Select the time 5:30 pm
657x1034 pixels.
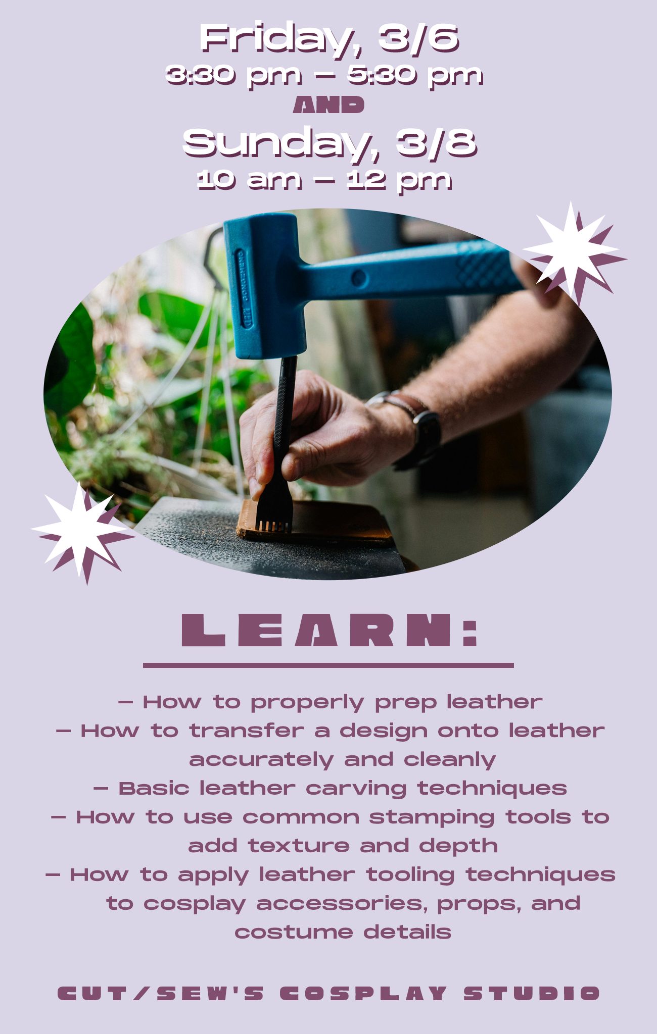(x=415, y=75)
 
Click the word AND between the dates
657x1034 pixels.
(x=329, y=106)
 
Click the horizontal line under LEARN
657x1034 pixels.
(x=329, y=665)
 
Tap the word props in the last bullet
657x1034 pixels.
(x=479, y=904)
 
